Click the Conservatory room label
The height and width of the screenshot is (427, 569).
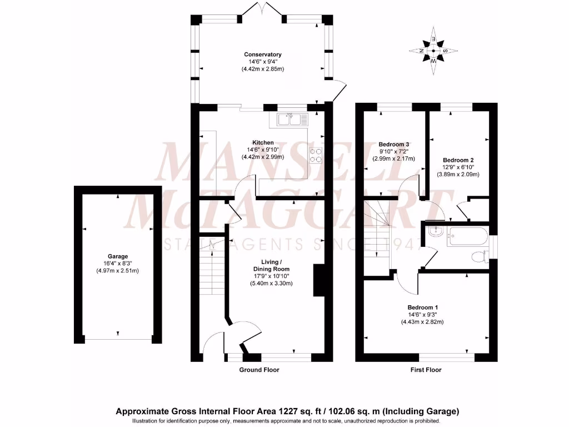pos(263,54)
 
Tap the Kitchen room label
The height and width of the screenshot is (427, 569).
pos(263,142)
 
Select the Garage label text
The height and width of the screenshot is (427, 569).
pos(117,256)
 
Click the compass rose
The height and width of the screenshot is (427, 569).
pos(433,51)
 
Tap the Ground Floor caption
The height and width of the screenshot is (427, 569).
pos(259,370)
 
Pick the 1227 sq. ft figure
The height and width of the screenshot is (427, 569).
pos(305,412)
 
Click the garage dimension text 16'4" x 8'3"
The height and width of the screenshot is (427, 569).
pos(117,264)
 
